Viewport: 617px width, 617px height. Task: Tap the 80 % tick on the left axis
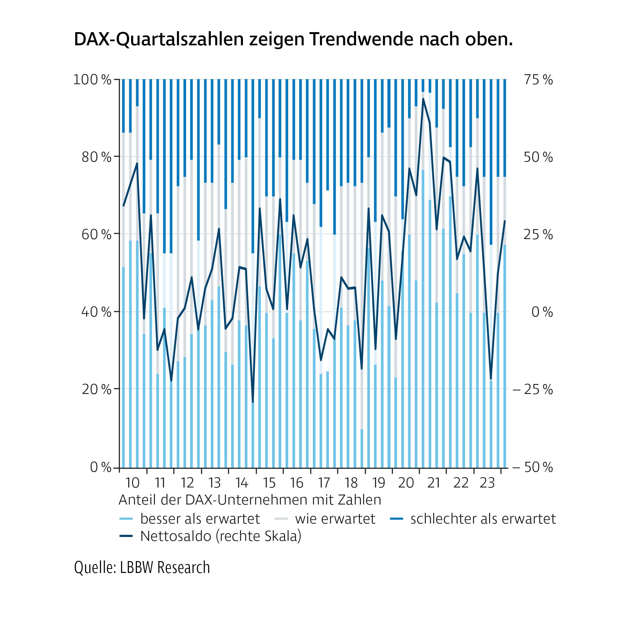tap(96, 157)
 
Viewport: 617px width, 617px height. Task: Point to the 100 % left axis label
tap(92, 79)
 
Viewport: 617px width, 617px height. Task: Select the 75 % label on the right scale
tap(538, 80)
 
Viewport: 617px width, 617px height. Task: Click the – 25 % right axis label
tap(533, 389)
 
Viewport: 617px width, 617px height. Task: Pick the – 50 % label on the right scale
tap(533, 467)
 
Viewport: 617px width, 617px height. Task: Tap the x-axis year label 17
tap(324, 483)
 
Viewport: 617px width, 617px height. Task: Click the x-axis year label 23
tap(487, 483)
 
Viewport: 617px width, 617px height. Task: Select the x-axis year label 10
tap(132, 483)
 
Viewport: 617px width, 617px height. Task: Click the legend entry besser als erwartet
tap(200, 519)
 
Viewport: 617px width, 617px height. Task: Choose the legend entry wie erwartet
tap(335, 519)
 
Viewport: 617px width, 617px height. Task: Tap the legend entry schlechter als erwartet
tap(483, 519)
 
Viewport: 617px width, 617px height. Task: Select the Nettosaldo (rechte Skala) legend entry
tap(220, 536)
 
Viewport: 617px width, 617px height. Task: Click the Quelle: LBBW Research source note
tap(142, 567)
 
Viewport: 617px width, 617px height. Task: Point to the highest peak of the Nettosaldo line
tap(423, 99)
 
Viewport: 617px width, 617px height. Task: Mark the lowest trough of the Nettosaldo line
tap(253, 402)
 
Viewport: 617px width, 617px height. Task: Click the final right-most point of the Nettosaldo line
tap(505, 221)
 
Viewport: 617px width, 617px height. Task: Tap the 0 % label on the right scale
tap(542, 312)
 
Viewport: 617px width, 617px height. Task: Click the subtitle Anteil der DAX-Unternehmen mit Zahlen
tap(250, 500)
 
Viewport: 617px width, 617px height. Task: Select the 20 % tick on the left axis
tap(96, 389)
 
